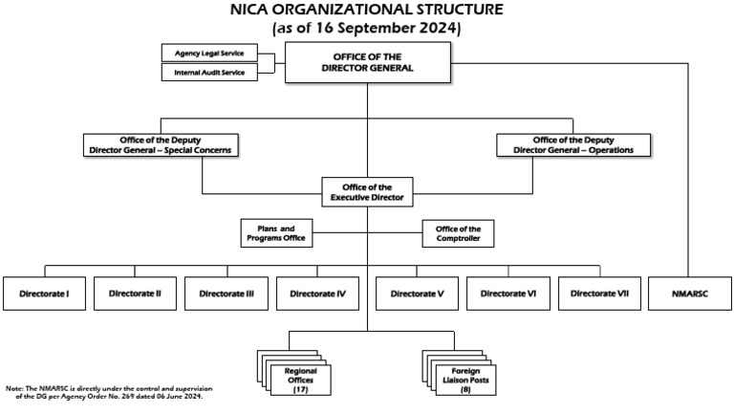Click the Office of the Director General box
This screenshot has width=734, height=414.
pyautogui.click(x=367, y=63)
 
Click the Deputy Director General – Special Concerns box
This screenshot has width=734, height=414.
pyautogui.click(x=160, y=144)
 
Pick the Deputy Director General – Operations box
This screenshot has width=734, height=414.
pyautogui.click(x=573, y=144)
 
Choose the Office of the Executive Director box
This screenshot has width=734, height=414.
pyautogui.click(x=367, y=190)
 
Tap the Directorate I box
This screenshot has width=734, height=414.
pyautogui.click(x=43, y=293)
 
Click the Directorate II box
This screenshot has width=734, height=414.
pyautogui.click(x=135, y=293)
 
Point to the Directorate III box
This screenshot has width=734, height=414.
pyautogui.click(x=227, y=293)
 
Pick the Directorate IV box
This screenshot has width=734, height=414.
pyautogui.click(x=318, y=293)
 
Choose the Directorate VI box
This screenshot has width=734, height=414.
pyautogui.click(x=507, y=293)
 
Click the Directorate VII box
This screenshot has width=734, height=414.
pyautogui.click(x=599, y=293)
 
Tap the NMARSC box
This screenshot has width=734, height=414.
pyautogui.click(x=690, y=293)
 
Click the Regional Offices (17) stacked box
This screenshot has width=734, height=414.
pyautogui.click(x=297, y=379)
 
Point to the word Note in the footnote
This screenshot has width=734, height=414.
pyautogui.click(x=13, y=388)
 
